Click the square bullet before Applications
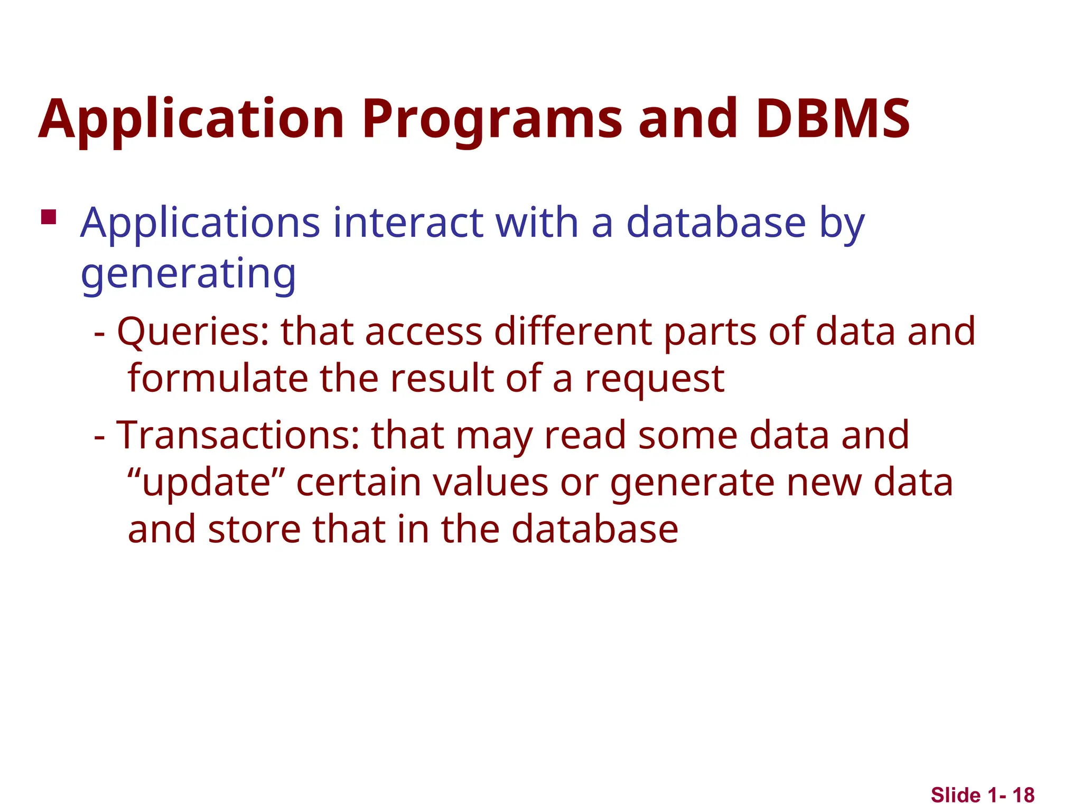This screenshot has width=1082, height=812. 49,217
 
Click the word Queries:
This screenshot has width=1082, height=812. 193,332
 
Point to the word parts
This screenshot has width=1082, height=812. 710,332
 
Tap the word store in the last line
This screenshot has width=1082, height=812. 254,530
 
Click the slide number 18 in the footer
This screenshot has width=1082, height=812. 1023,795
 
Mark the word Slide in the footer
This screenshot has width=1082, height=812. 955,795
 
